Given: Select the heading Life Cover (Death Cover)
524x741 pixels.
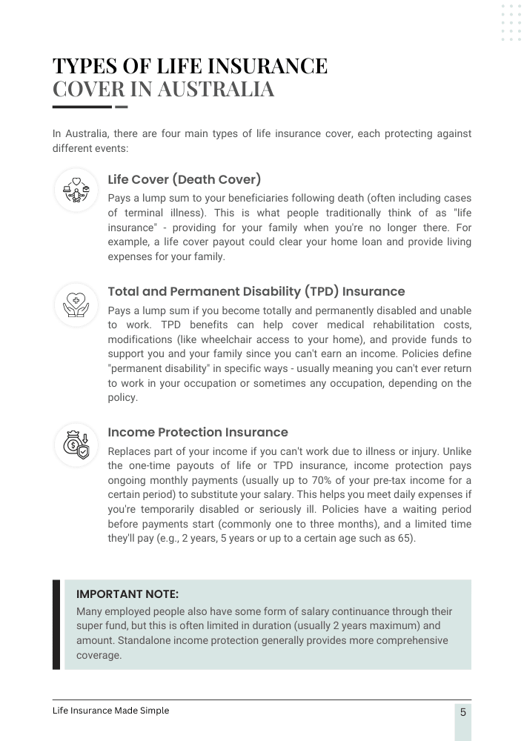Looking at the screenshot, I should [x=185, y=179].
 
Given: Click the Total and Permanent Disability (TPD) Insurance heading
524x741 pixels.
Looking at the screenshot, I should [x=256, y=291].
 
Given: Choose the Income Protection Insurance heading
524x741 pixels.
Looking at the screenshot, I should [x=198, y=432].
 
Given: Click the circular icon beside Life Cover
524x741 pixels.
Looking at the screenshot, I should [x=76, y=190].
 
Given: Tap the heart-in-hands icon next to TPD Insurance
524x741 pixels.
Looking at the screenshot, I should [x=76, y=305].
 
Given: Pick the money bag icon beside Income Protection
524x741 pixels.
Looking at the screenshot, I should [x=76, y=445].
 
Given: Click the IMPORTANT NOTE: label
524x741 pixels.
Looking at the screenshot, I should [x=127, y=594].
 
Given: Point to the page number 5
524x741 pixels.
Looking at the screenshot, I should [x=463, y=713].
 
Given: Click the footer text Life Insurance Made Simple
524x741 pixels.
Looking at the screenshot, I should [x=110, y=711].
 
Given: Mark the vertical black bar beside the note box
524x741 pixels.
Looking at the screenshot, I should [x=56, y=625].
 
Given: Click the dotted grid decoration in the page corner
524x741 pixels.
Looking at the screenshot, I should [x=511, y=23].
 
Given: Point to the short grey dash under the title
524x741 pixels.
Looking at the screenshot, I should [x=122, y=107].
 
